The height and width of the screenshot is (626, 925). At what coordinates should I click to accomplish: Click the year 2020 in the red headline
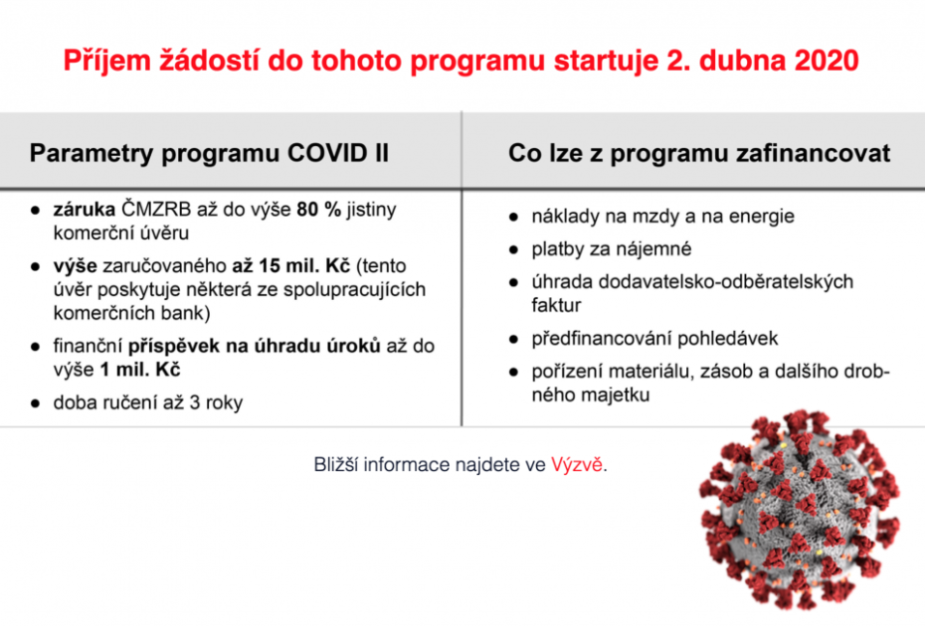pyautogui.click(x=826, y=61)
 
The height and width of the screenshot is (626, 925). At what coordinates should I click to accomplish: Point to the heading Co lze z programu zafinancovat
pyautogui.click(x=698, y=154)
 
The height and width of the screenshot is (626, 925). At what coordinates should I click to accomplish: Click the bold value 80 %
pyautogui.click(x=319, y=211)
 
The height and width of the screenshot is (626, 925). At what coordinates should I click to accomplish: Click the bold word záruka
pyautogui.click(x=86, y=211)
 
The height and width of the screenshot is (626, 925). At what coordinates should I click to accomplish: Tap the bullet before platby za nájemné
pyautogui.click(x=513, y=248)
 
